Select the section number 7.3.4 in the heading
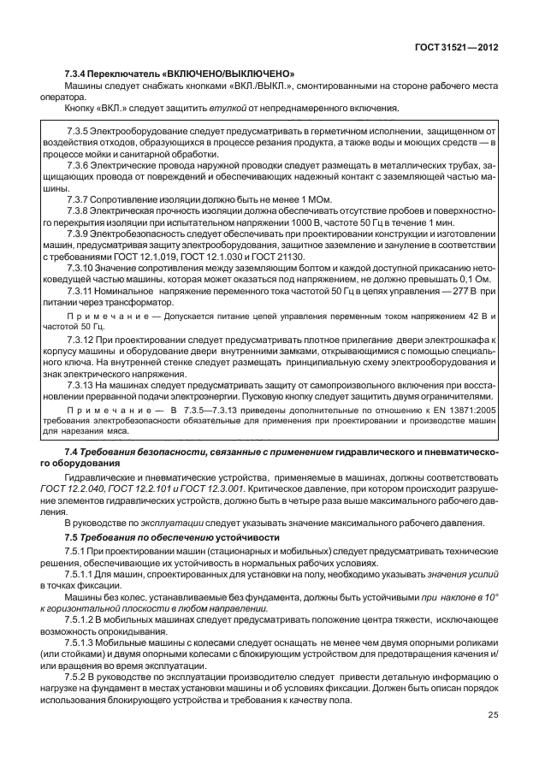[x=79, y=74]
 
